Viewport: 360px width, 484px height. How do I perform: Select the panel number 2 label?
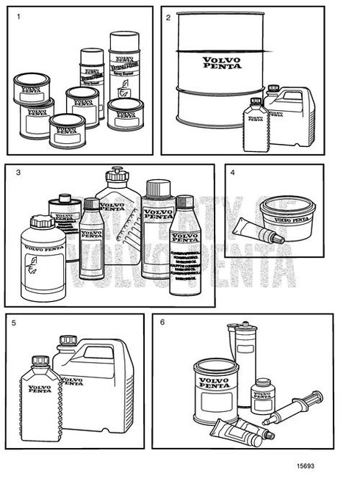tap(168, 15)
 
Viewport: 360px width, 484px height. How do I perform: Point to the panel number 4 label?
tap(233, 173)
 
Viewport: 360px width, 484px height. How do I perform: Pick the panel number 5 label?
tap(15, 322)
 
